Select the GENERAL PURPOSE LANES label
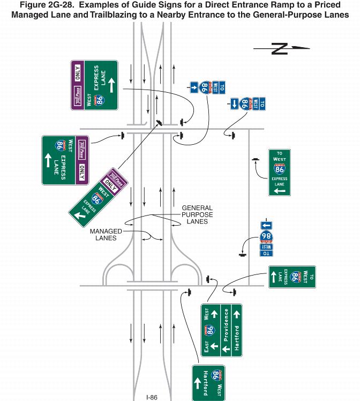(197, 214)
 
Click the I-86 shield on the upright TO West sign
(279, 170)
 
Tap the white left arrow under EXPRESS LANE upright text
(279, 190)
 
